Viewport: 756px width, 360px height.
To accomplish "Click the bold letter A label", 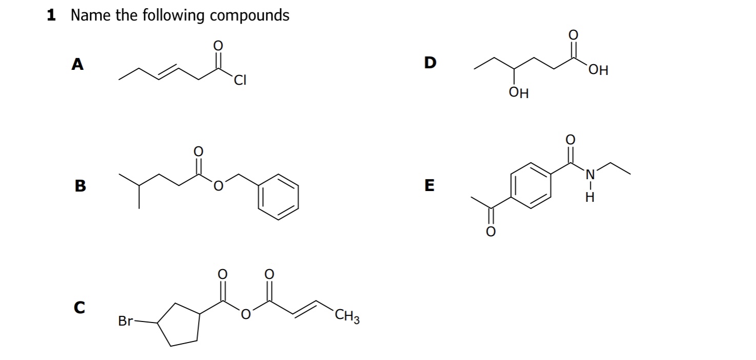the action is tap(77, 64).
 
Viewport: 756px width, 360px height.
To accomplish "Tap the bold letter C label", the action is tap(79, 307).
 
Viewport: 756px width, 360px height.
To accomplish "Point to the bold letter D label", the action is tap(430, 63).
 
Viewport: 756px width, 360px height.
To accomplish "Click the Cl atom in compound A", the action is tap(240, 80).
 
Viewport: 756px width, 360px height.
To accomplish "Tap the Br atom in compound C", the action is tap(125, 321).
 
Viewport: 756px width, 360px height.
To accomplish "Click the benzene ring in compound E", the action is tap(530, 184).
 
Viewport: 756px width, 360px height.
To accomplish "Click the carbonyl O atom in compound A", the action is tap(218, 46).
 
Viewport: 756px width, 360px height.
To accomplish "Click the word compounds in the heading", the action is tap(249, 15).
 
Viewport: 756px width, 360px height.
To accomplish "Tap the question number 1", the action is tap(51, 15).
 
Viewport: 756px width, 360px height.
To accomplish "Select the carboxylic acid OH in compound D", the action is tap(598, 71).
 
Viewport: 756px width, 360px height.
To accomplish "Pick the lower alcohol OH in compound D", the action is tap(518, 93).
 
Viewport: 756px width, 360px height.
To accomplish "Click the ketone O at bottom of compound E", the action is tap(490, 232).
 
